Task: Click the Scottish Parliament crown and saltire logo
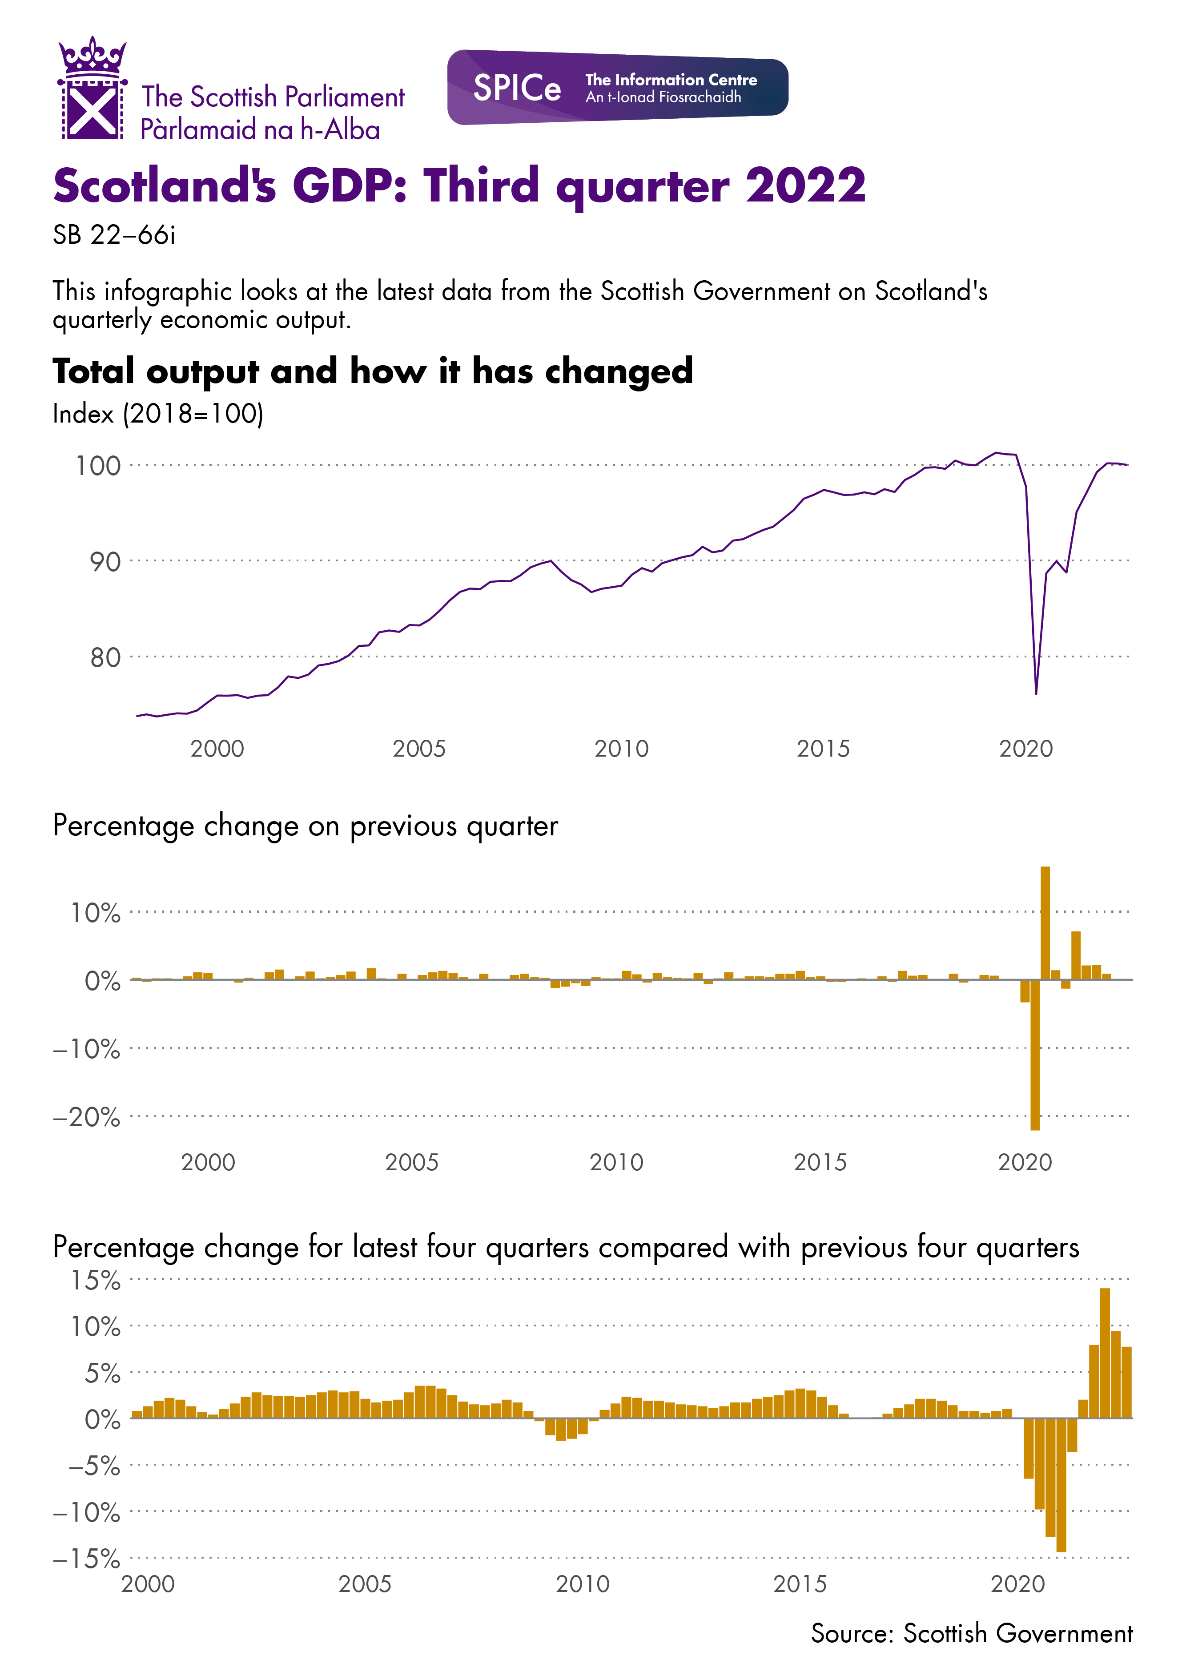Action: (92, 89)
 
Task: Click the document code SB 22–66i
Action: (114, 235)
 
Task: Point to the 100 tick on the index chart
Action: (98, 466)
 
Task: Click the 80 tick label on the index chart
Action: (105, 658)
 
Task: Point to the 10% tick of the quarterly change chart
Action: (95, 913)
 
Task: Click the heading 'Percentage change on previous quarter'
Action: (305, 826)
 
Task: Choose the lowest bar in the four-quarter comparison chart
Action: (1061, 1485)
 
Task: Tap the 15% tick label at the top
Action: (95, 1280)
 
